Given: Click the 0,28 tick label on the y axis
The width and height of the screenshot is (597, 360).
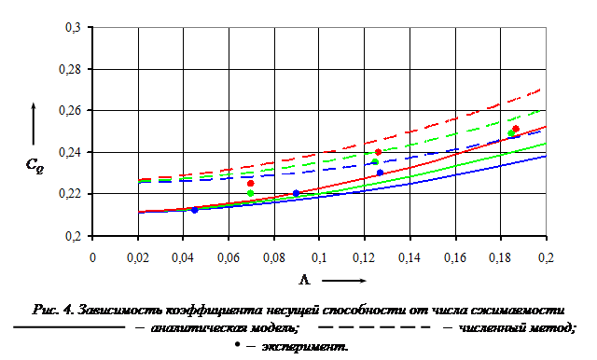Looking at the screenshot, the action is click(x=70, y=69).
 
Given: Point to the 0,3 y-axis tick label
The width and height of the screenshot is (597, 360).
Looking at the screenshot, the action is click(x=73, y=27).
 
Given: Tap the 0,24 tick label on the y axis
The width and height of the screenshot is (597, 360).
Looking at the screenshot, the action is click(x=70, y=152).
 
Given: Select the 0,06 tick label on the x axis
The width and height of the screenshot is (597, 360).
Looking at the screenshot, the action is click(x=229, y=257).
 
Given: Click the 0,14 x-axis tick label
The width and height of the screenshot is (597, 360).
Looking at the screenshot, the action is click(x=410, y=257).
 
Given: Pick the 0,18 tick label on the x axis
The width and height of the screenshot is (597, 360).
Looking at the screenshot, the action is click(x=500, y=257).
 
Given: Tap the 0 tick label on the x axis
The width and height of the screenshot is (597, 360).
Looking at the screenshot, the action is click(x=92, y=257).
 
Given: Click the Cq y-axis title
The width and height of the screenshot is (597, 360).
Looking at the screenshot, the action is click(x=35, y=165).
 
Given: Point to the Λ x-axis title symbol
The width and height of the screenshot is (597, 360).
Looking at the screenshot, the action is click(x=305, y=281).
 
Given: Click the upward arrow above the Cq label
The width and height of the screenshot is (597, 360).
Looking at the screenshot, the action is click(x=34, y=124).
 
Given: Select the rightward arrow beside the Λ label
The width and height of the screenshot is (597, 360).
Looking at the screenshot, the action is click(x=344, y=281).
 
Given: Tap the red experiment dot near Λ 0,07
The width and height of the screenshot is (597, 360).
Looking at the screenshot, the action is click(x=251, y=184).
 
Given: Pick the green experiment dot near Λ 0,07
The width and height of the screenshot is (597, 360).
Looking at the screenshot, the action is click(x=251, y=193).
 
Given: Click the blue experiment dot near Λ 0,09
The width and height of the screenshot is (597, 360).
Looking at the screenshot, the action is click(x=296, y=193).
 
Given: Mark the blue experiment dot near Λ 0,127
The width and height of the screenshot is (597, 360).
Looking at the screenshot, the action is click(x=380, y=173).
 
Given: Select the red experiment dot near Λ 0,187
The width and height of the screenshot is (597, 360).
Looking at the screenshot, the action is click(x=516, y=129).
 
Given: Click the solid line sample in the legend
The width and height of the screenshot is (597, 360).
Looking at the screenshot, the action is click(x=69, y=327).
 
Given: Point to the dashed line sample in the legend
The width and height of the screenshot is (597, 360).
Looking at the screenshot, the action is click(x=374, y=327).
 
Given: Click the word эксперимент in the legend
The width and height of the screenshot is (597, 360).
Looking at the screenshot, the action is click(x=305, y=347).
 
